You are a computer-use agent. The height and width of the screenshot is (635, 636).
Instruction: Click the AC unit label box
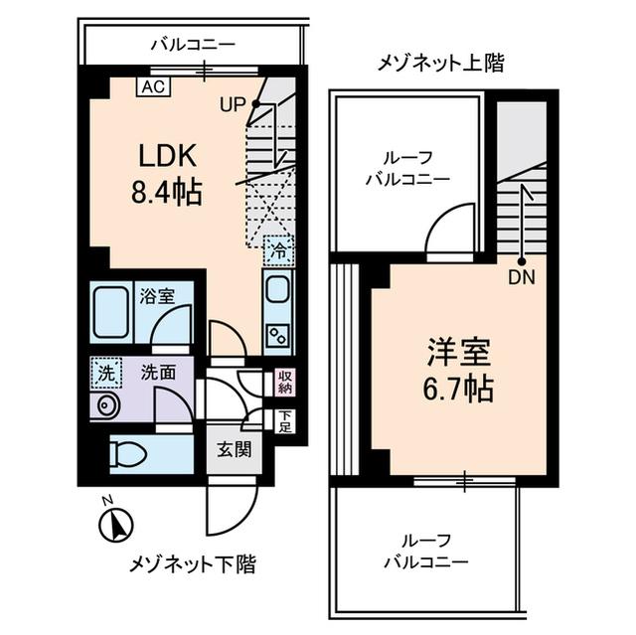[152, 86]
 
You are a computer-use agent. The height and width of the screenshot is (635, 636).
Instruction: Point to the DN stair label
[522, 278]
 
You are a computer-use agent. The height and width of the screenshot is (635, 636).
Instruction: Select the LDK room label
[168, 156]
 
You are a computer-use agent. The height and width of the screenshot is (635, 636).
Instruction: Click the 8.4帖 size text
[168, 191]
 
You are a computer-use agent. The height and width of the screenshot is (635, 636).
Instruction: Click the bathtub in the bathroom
[111, 313]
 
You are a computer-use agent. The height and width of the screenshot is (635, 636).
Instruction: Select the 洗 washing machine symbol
[103, 373]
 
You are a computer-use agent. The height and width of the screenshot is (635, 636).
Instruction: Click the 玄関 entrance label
[234, 448]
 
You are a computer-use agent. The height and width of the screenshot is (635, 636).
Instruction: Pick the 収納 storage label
[284, 383]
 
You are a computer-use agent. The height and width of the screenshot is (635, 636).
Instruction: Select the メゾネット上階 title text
[440, 65]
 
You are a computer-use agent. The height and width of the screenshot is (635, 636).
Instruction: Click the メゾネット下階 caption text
[193, 564]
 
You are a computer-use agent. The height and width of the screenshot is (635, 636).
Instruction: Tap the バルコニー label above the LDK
[193, 45]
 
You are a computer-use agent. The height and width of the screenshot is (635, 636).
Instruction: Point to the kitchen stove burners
[277, 335]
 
